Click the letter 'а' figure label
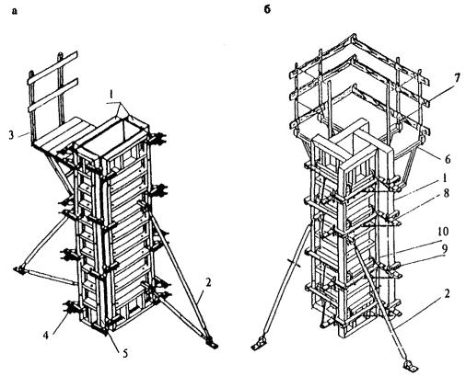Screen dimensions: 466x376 [x=15, y=12]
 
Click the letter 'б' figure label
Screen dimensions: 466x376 [x=267, y=10]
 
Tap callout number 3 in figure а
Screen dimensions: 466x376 [x=11, y=135]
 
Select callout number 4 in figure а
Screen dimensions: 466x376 [x=45, y=336]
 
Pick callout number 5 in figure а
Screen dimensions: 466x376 [x=125, y=354]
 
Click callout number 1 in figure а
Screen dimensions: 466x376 [x=112, y=96]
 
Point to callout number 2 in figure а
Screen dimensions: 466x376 [x=208, y=282]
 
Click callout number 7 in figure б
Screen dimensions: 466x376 [x=458, y=78]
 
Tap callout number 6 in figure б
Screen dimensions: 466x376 [x=448, y=159]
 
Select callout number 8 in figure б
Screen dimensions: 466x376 [x=447, y=193]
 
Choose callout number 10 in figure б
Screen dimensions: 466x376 [x=443, y=232]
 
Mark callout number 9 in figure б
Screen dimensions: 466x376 [x=444, y=247]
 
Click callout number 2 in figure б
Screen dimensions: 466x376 [x=447, y=293]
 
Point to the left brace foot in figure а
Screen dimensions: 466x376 [x=18, y=269]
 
